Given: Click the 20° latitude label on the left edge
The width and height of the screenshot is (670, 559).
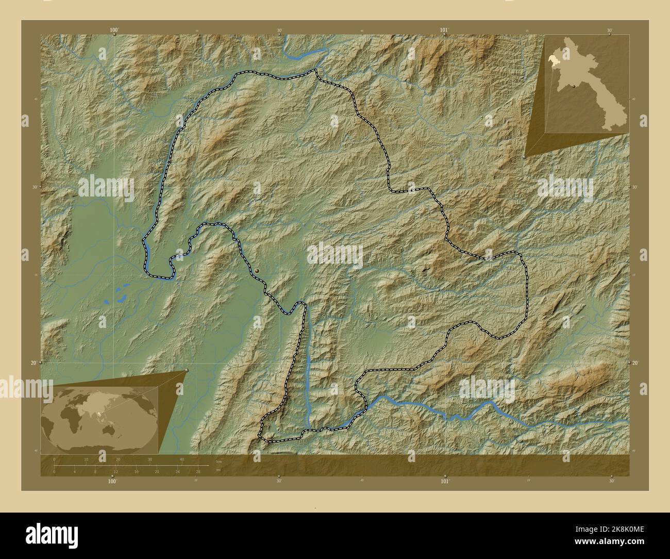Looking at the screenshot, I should point(33,363).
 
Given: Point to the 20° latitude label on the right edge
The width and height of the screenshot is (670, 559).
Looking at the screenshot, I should point(636,363).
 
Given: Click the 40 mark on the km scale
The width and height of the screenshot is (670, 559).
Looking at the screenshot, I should point(181,459).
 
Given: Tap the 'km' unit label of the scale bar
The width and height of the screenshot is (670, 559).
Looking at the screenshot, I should point(219,461).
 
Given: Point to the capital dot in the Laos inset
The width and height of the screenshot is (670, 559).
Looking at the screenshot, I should point(573,86).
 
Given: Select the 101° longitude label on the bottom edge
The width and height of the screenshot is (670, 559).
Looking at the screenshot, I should point(444,481).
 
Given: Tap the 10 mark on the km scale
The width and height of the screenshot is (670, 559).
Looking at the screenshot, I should point(86,459).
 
